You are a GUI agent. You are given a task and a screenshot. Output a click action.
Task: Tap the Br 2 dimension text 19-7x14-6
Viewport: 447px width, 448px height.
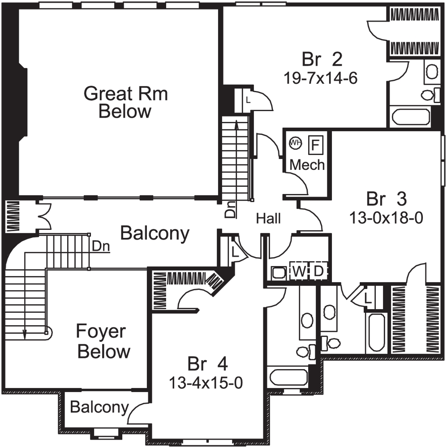coord(320,78)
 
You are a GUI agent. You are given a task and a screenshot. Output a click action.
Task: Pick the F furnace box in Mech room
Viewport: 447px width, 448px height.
coord(315,145)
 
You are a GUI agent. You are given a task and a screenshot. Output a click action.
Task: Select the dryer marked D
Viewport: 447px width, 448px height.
coord(319,271)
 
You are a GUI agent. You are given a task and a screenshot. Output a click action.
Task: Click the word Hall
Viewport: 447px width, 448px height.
coord(268,219)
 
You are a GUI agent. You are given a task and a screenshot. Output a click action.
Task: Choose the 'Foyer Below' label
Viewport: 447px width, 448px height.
coord(100,342)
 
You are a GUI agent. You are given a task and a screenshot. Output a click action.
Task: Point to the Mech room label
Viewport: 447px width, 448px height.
coord(307,164)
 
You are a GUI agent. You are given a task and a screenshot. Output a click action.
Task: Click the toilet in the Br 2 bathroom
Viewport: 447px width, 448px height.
coord(429,95)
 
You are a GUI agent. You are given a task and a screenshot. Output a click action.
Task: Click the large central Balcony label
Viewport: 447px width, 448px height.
coord(155,233)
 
